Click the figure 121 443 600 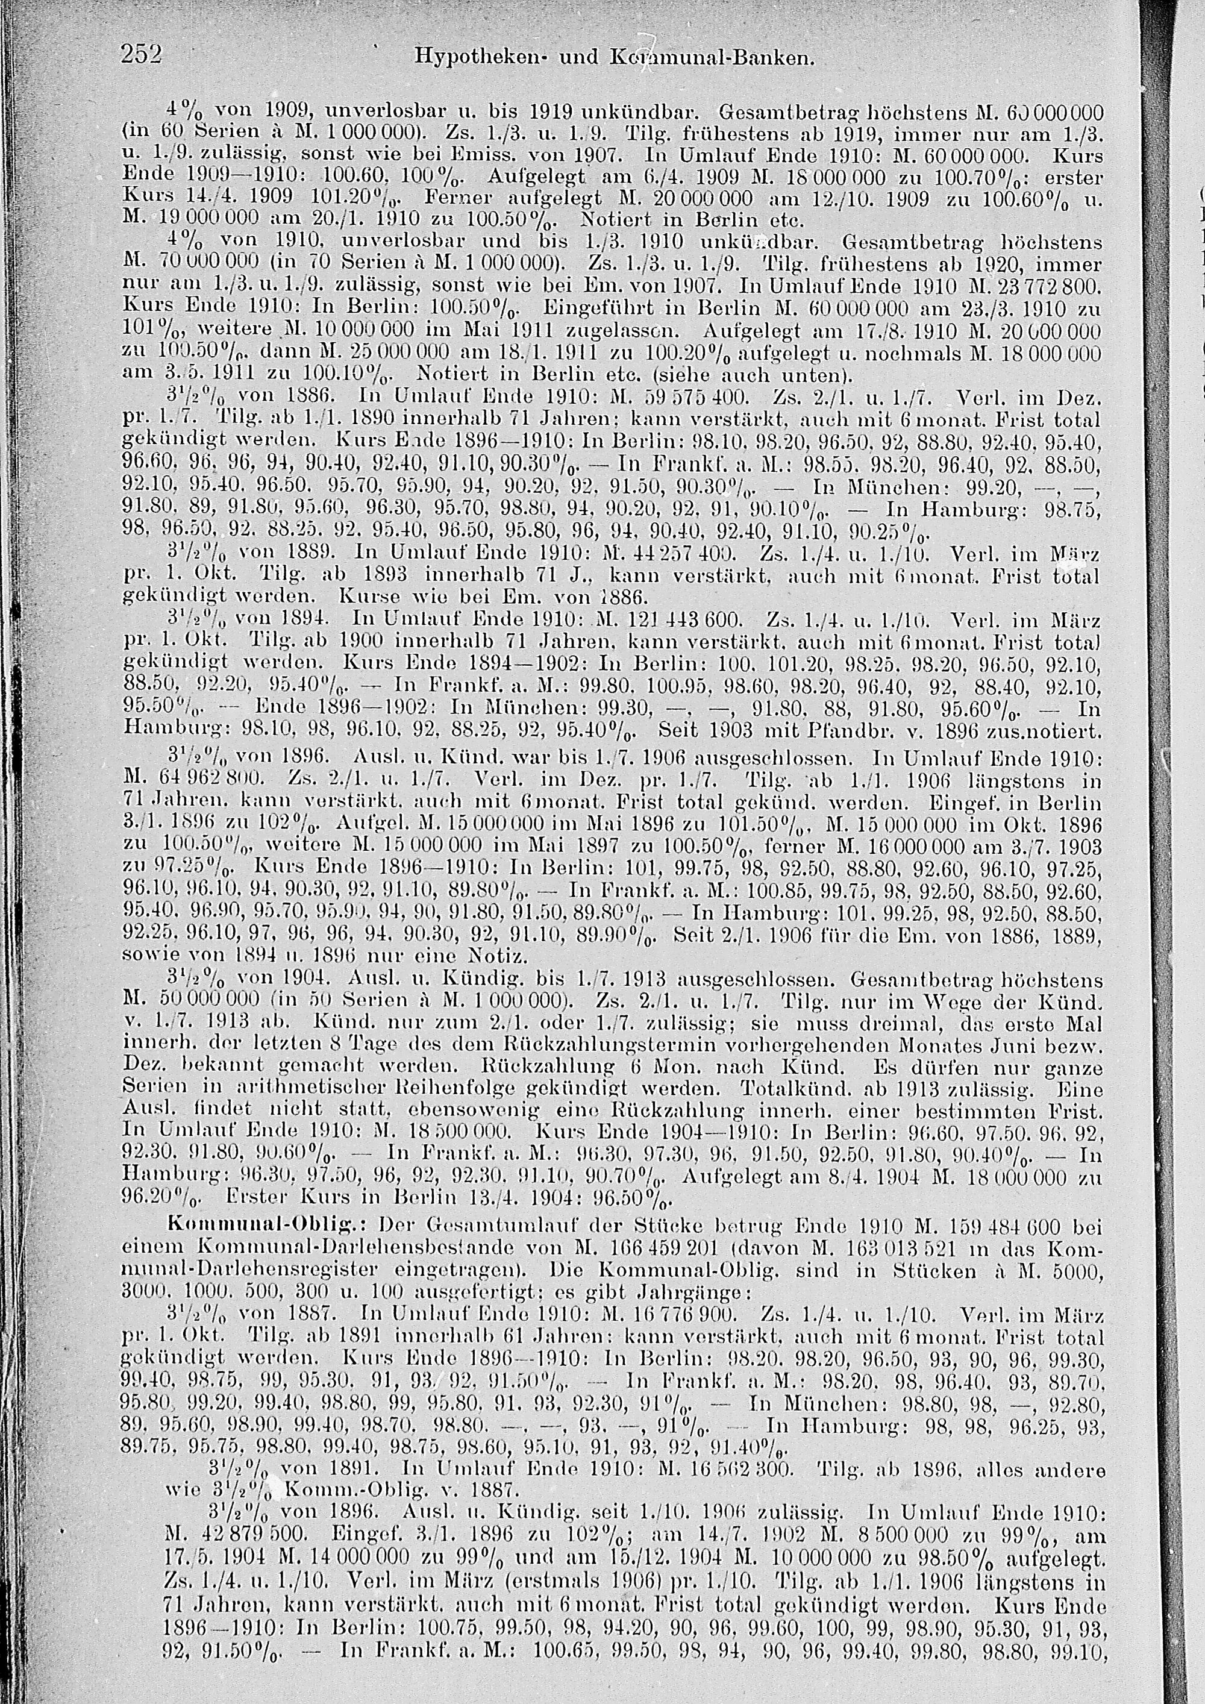[x=674, y=618]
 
